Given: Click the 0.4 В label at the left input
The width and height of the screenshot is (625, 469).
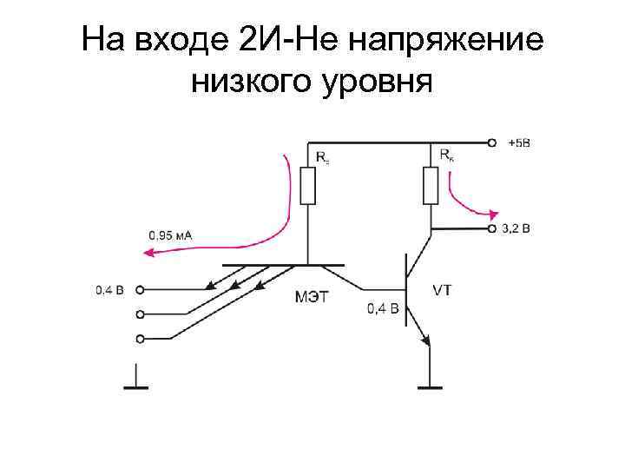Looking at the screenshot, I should pyautogui.click(x=110, y=290).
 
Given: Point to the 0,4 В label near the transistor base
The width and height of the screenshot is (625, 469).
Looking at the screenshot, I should pyautogui.click(x=383, y=307).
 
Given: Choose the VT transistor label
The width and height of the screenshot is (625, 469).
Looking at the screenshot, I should pyautogui.click(x=442, y=290).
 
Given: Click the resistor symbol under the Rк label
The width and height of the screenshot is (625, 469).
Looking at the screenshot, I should pyautogui.click(x=431, y=185).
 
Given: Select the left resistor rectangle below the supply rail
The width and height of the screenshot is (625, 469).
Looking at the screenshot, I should pyautogui.click(x=307, y=185).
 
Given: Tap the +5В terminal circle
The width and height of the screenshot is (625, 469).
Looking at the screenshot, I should pyautogui.click(x=493, y=142).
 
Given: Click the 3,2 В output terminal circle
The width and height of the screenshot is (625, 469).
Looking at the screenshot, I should pyautogui.click(x=492, y=229).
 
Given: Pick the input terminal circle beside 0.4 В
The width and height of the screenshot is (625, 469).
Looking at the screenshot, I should pyautogui.click(x=141, y=290).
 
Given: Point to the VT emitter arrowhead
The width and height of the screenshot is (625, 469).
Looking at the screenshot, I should pyautogui.click(x=424, y=340).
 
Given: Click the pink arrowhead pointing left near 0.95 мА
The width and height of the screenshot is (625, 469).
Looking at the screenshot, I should pyautogui.click(x=149, y=253).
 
